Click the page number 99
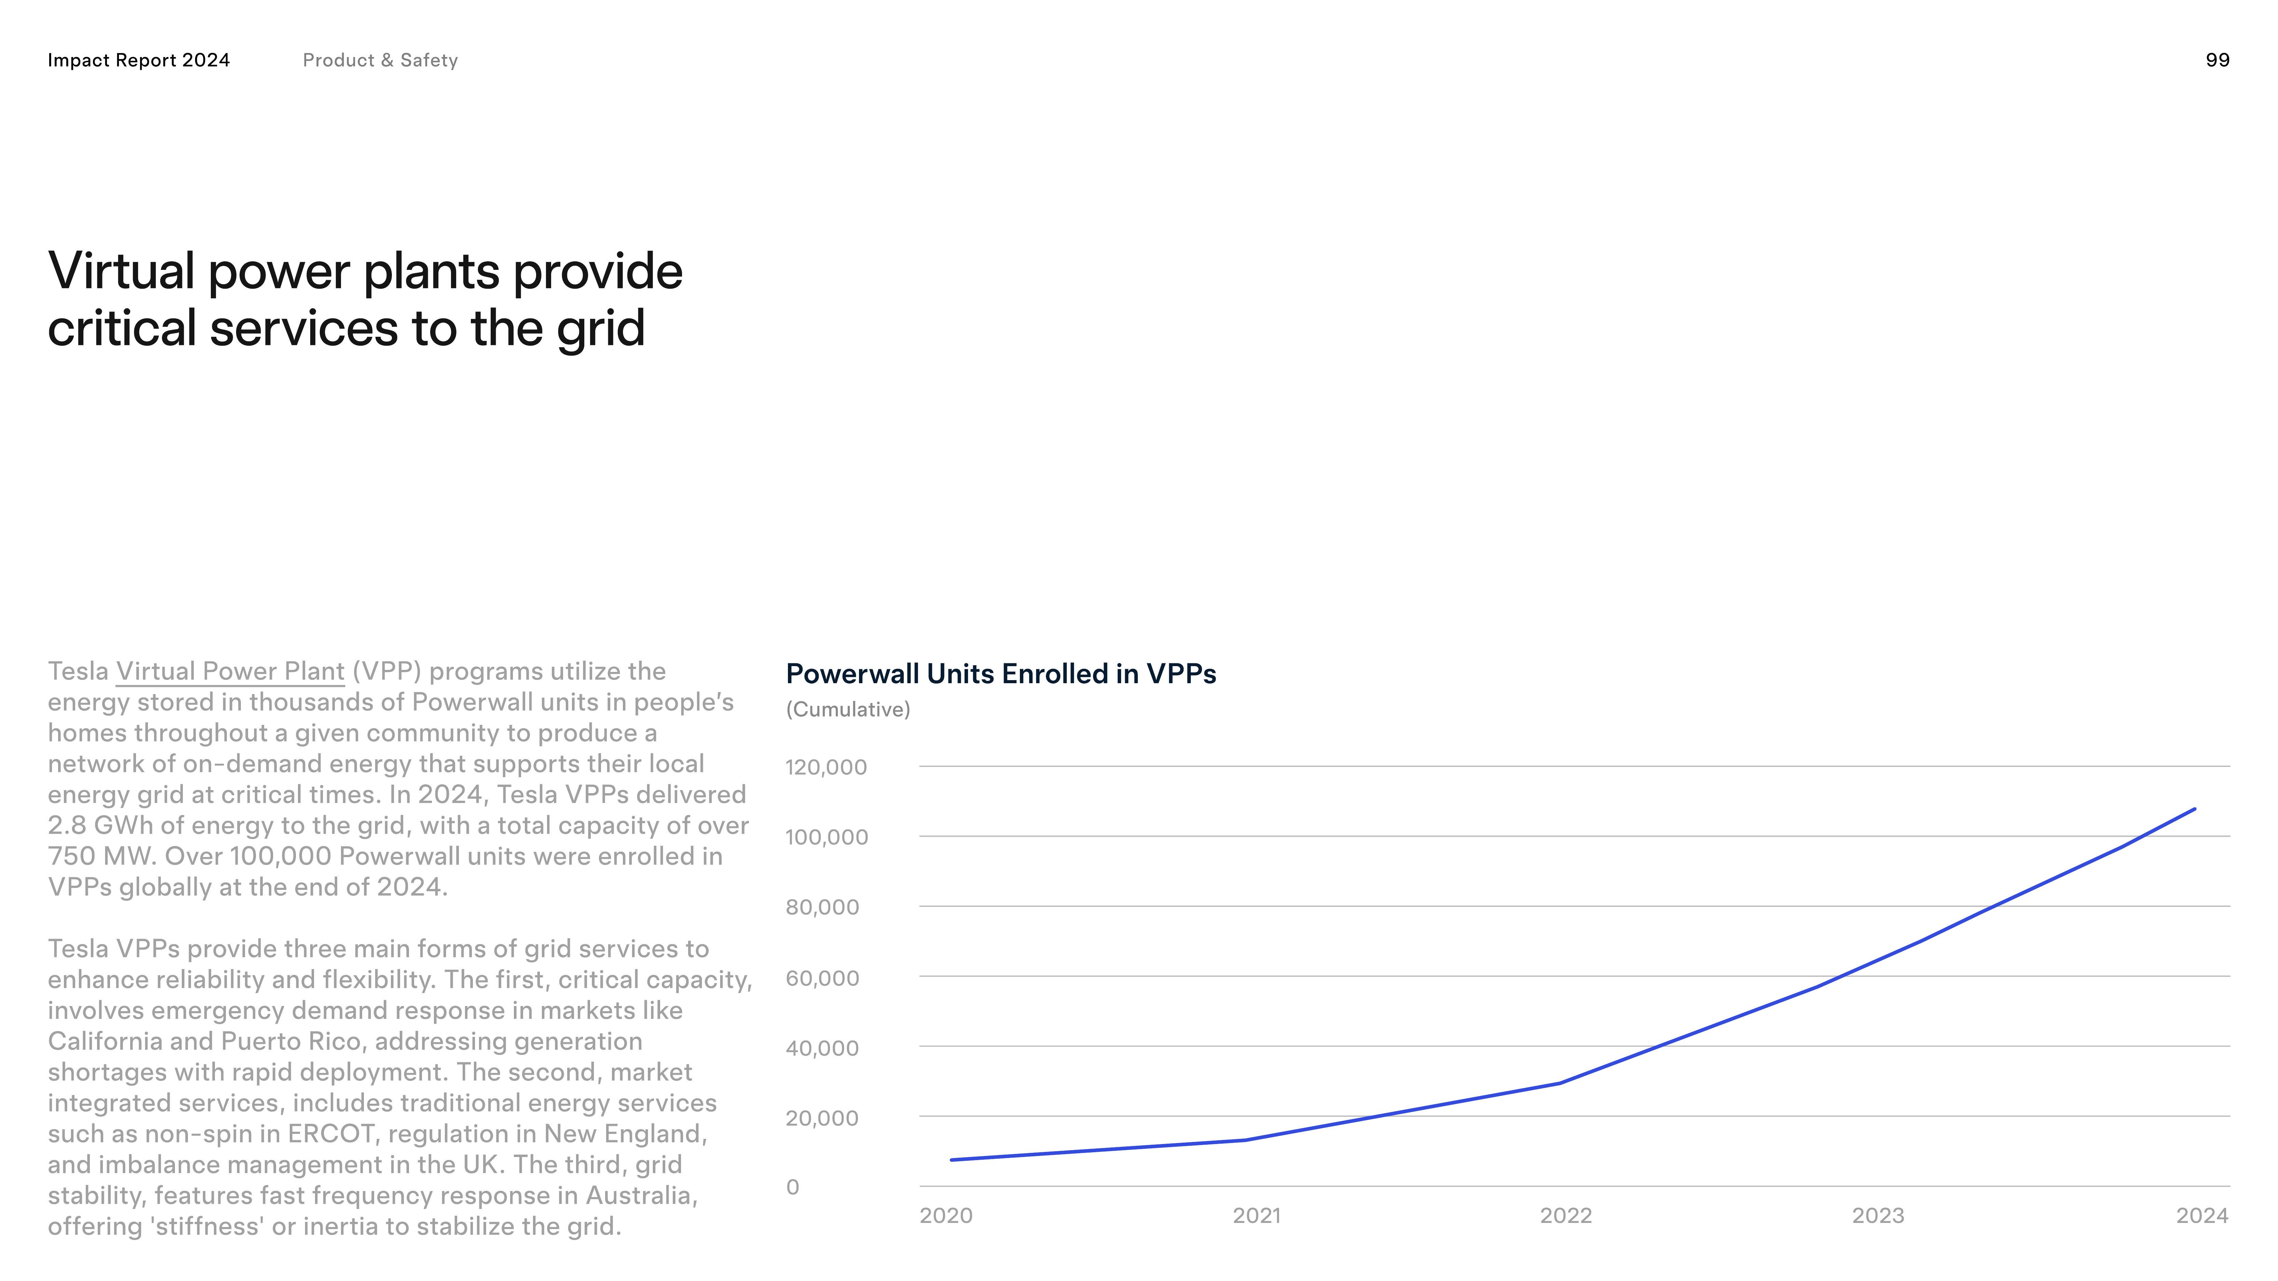tap(2217, 60)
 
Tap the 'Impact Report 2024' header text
tap(139, 60)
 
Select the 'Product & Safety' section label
tap(380, 60)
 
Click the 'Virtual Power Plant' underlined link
tap(230, 672)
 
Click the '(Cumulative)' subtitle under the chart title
tap(847, 710)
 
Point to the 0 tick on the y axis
tap(792, 1187)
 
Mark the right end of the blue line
tap(2194, 809)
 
